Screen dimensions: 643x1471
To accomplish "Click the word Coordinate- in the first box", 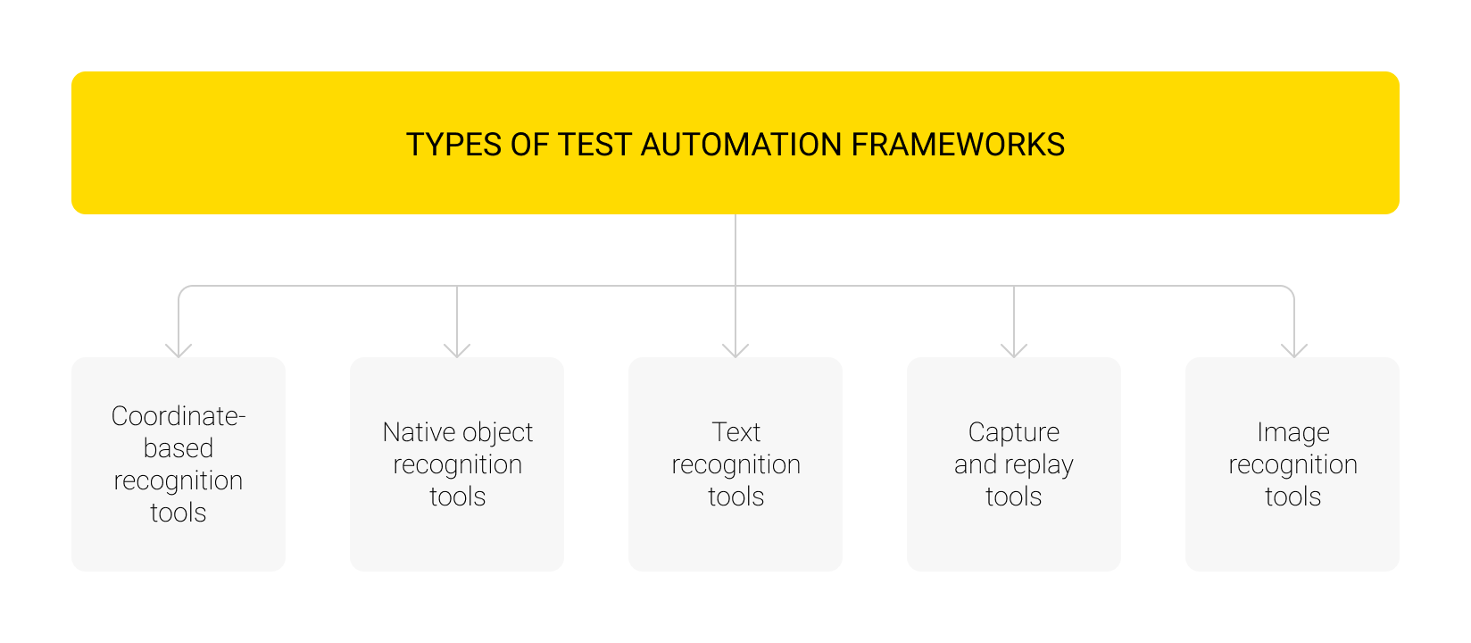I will (179, 416).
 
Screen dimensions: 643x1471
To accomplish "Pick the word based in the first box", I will (179, 448).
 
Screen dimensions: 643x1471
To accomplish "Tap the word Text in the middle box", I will (736, 432).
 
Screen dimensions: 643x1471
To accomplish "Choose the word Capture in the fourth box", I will (1014, 432).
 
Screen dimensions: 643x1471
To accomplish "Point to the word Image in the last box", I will (1293, 432).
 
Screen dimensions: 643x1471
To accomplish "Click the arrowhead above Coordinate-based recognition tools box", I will (179, 350).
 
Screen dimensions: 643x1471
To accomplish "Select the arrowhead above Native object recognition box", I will (457, 350).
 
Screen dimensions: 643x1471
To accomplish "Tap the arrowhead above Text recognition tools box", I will (735, 350).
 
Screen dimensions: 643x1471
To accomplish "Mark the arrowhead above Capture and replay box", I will (1014, 350).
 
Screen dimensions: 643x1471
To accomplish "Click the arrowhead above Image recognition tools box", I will (1294, 350).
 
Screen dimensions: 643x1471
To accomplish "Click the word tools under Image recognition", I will (1293, 497).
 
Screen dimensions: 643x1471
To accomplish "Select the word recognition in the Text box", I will (736, 465).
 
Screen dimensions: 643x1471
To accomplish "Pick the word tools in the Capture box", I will (1014, 497).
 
